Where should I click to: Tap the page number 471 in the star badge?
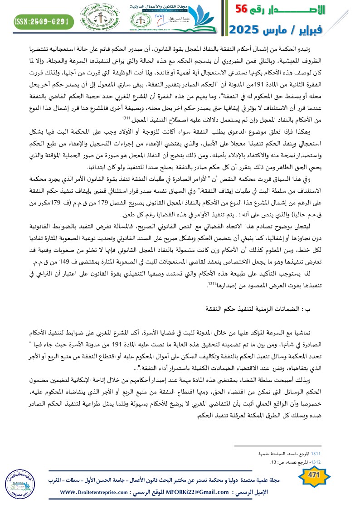(x=314, y=475)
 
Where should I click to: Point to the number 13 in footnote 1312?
(x=273, y=462)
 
